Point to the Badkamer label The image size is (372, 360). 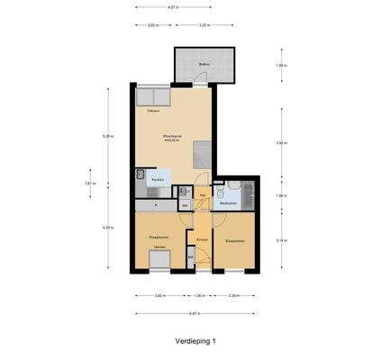[x=228, y=203]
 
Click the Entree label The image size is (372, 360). [x=203, y=239]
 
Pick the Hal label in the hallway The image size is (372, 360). [x=203, y=194]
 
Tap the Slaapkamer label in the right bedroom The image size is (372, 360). [x=235, y=241]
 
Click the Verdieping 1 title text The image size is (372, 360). [x=196, y=342]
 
